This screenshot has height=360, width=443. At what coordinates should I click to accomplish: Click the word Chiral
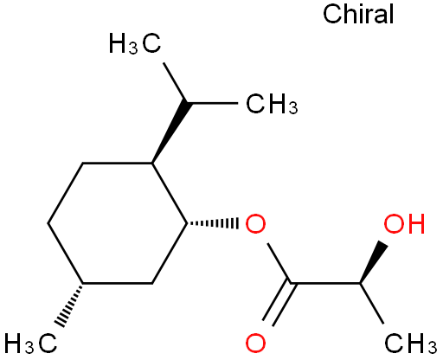coord(358,14)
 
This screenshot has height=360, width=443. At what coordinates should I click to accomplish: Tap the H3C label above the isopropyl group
coord(135,43)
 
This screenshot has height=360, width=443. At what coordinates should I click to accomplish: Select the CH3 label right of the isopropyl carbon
coord(272,104)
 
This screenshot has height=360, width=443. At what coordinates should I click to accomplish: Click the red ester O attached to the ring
coord(255,223)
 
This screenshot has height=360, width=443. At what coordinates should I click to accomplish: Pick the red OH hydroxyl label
coord(404,223)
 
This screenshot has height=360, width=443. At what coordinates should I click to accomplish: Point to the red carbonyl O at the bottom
coord(255,344)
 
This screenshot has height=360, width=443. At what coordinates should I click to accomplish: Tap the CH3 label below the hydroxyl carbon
coord(411,344)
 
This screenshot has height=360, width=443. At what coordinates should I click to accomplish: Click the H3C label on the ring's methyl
coord(30,344)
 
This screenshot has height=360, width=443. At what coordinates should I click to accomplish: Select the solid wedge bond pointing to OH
coord(374,262)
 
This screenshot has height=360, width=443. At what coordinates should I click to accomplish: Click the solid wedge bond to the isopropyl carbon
coord(172,132)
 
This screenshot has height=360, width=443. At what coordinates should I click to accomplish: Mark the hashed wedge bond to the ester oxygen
coord(213,223)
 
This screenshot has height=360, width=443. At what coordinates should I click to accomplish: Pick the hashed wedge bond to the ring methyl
coord(68,305)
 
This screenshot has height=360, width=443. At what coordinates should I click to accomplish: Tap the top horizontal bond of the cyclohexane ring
coord(118,164)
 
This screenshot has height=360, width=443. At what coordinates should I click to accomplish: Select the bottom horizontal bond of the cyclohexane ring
coord(118,284)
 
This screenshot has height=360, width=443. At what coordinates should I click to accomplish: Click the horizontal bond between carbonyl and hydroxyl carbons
coord(325,284)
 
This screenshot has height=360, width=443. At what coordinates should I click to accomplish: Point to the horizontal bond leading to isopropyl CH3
coord(212,103)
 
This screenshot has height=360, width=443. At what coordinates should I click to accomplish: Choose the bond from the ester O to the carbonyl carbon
coord(279,263)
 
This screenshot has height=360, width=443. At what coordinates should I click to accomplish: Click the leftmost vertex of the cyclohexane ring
coord(48,223)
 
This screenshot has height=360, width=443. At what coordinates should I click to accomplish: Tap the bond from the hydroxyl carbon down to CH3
coord(372,304)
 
